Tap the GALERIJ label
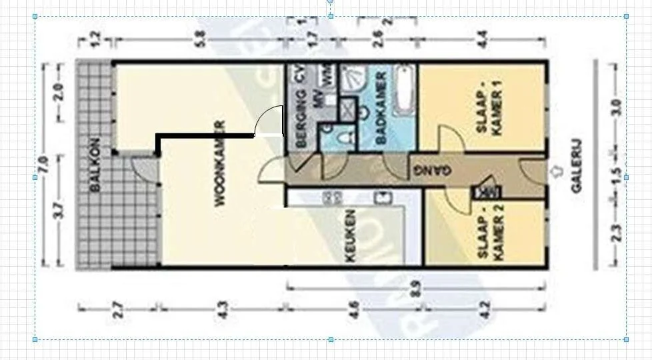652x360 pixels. [577, 166]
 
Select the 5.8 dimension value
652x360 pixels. [198, 41]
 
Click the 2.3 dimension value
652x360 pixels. [615, 233]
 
